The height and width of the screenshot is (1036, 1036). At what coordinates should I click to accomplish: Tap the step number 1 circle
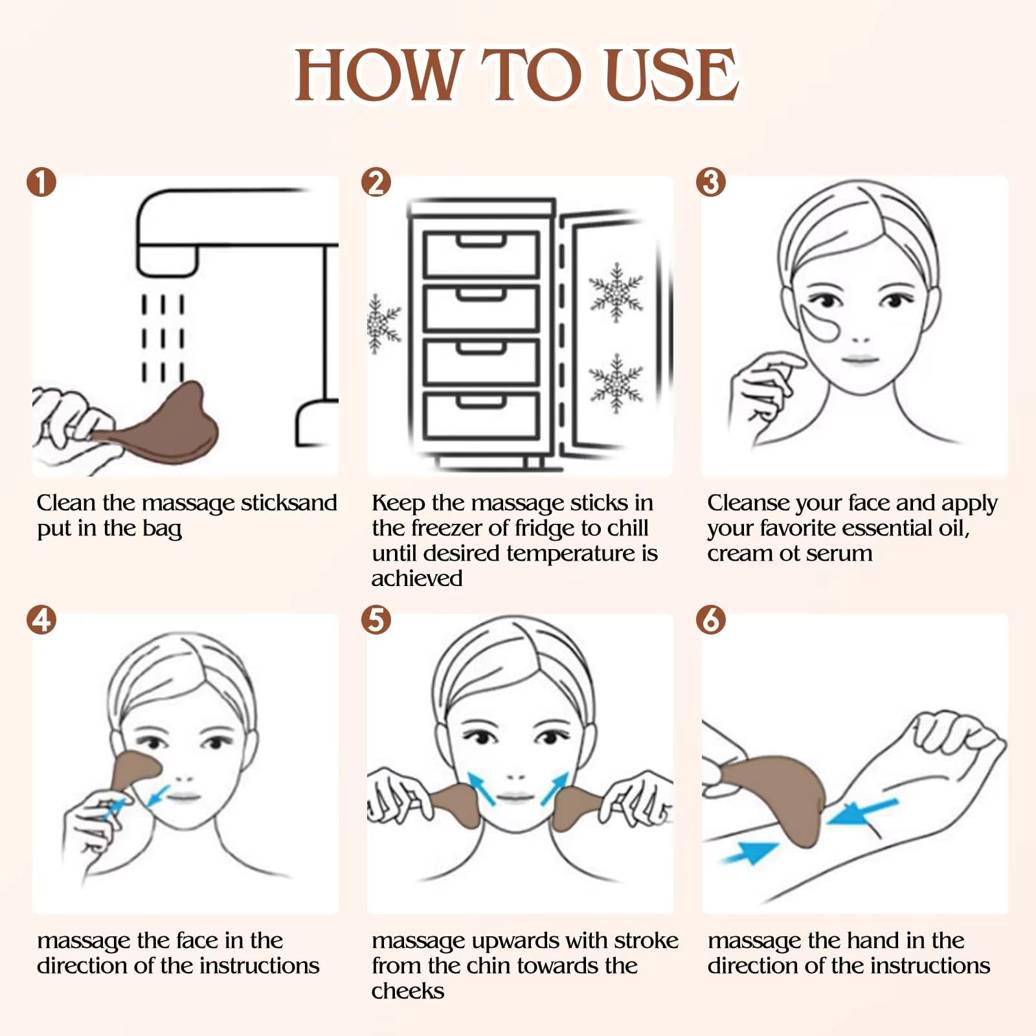41,183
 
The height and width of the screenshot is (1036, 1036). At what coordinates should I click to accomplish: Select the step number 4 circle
41,620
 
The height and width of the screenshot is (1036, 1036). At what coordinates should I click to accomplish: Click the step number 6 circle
711,620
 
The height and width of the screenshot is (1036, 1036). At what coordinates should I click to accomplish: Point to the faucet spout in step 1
167,259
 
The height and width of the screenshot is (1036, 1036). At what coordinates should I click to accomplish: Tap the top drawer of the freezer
481,254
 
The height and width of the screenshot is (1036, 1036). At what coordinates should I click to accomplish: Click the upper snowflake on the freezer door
616,292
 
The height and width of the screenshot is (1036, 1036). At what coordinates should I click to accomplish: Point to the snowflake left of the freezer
383,323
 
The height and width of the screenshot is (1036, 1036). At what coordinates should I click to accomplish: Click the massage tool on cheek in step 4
135,769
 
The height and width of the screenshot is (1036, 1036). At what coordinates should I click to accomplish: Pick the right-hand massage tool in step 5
576,806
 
